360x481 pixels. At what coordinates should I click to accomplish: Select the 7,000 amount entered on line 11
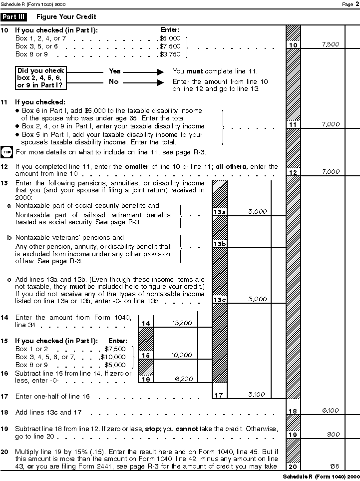click(x=331, y=124)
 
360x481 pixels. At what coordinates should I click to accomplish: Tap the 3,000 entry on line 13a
click(x=257, y=211)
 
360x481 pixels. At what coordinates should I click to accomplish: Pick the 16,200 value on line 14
click(x=182, y=323)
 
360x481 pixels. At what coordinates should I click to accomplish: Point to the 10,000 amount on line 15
click(x=182, y=355)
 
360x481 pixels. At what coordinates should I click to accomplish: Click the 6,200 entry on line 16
click(x=183, y=379)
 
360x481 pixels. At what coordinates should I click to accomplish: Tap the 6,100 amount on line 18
click(x=331, y=411)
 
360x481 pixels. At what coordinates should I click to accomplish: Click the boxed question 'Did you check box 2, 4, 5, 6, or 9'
click(x=40, y=78)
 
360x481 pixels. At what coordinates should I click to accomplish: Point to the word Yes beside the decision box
click(x=115, y=71)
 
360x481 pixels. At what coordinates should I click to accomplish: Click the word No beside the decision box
click(x=114, y=82)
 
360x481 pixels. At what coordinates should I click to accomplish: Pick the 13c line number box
click(x=220, y=300)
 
